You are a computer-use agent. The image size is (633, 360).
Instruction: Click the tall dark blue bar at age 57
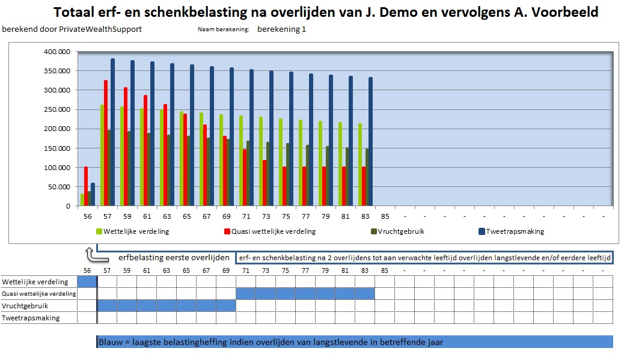[112, 132]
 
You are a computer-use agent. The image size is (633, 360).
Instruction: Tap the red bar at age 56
[86, 186]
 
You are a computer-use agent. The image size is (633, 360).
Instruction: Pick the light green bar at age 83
[360, 165]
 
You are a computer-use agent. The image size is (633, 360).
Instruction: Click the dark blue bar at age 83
[370, 142]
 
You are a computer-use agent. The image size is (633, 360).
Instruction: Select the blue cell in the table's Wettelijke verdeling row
[87, 282]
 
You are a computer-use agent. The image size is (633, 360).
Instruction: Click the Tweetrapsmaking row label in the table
[31, 317]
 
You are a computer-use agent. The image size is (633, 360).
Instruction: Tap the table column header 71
[246, 270]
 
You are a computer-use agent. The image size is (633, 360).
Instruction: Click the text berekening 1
[281, 29]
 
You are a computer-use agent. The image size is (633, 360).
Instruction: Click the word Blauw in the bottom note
[111, 342]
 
